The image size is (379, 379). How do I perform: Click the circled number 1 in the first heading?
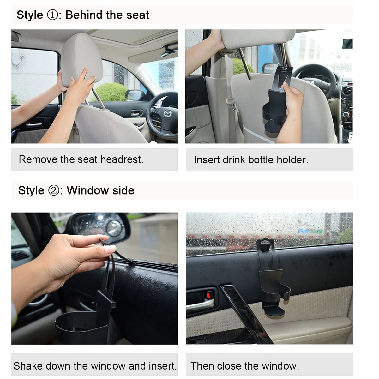(x=52, y=15)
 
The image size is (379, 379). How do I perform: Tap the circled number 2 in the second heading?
(x=54, y=190)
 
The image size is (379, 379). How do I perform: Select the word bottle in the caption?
(x=261, y=160)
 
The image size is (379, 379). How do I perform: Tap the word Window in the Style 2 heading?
(x=88, y=190)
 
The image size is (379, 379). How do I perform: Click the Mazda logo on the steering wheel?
(x=168, y=113)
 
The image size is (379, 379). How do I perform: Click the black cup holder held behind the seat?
(x=275, y=102)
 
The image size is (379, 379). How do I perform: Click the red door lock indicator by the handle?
(x=208, y=296)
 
